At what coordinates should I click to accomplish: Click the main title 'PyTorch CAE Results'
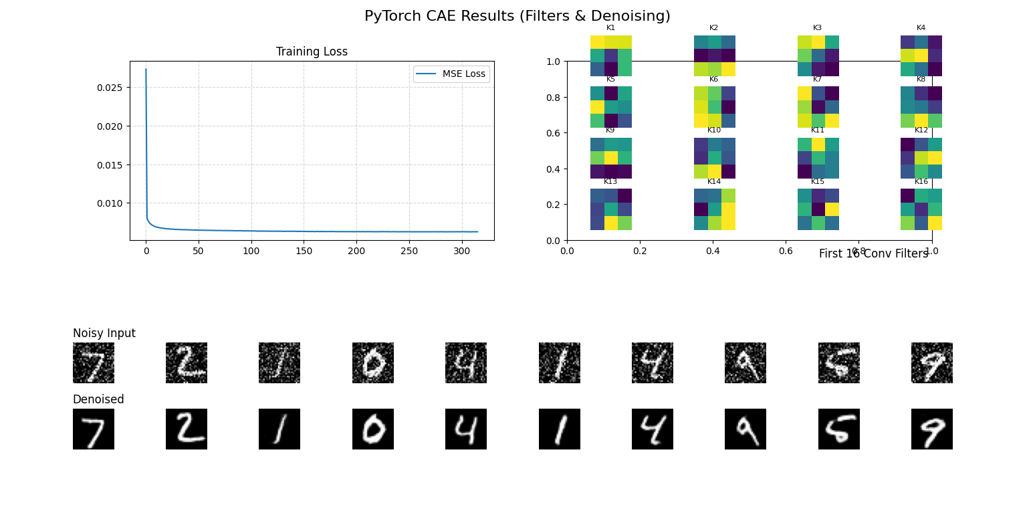(x=517, y=16)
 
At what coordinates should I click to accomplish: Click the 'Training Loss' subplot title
(x=312, y=52)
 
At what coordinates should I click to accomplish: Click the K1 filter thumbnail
(x=610, y=56)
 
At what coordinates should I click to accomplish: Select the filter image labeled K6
(x=714, y=107)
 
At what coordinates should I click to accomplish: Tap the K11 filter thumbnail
(x=818, y=158)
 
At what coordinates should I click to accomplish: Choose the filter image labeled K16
(x=921, y=209)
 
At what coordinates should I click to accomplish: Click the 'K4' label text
(x=921, y=28)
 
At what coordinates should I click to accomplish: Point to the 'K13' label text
(x=610, y=182)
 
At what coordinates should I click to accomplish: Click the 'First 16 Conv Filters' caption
(x=873, y=253)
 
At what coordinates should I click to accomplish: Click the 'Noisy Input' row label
(x=104, y=333)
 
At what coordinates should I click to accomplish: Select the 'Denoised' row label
(x=98, y=399)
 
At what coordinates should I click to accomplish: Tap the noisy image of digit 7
(x=94, y=363)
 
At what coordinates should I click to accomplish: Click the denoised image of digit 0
(x=373, y=429)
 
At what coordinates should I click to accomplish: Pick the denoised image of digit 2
(x=187, y=429)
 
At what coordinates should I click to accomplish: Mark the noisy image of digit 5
(x=838, y=363)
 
